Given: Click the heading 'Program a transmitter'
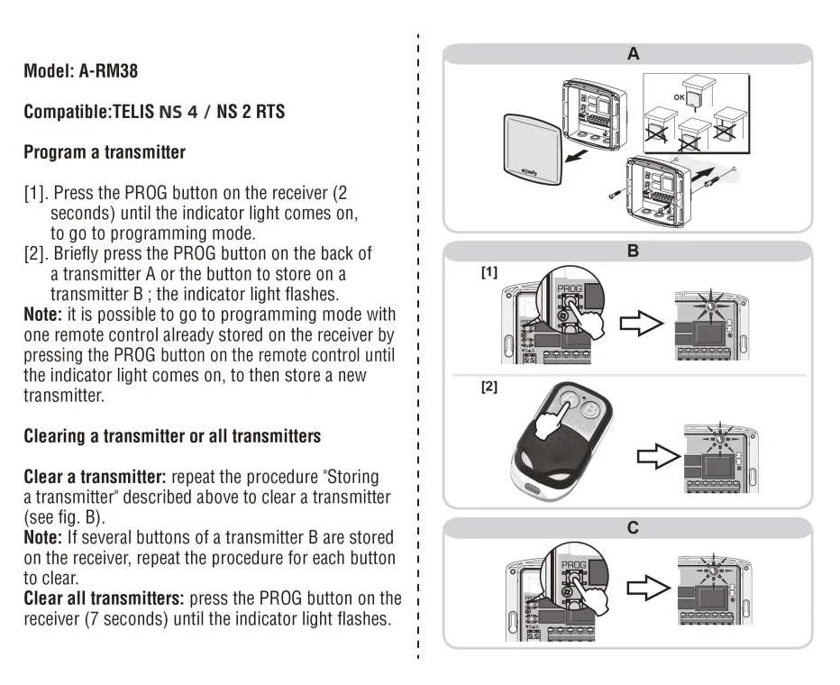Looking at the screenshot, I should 105,152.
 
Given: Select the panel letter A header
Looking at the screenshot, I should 633,54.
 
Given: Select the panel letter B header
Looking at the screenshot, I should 633,251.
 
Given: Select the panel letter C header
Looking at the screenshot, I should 633,528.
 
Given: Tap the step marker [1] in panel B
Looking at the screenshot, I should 489,272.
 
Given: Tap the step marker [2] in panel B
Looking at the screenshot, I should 489,388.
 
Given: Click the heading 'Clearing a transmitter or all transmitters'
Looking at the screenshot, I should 172,436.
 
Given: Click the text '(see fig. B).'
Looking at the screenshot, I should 64,517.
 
